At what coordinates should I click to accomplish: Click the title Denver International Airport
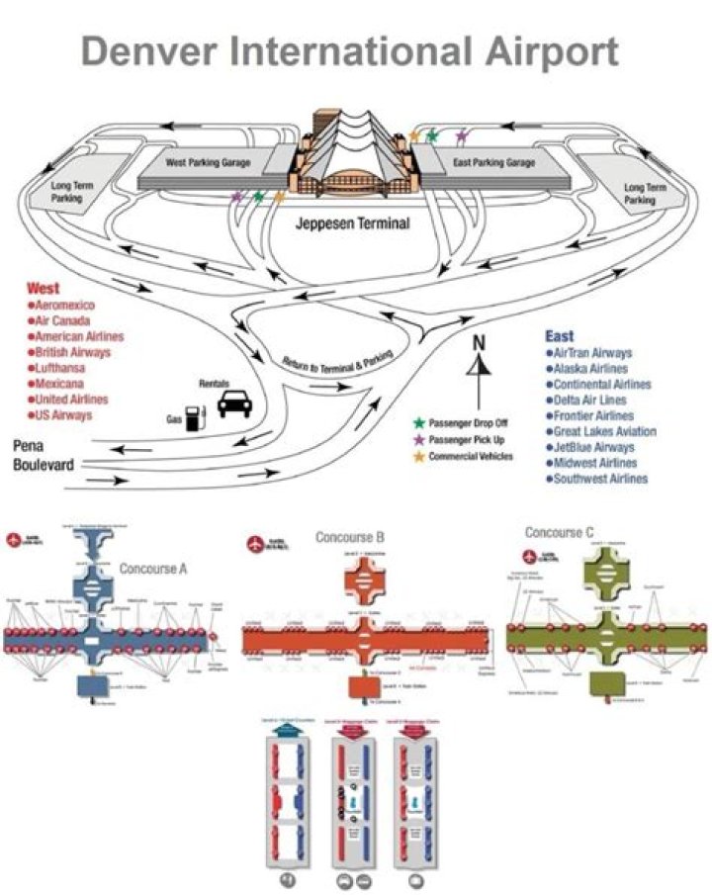pyautogui.click(x=350, y=51)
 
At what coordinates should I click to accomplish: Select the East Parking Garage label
pyautogui.click(x=494, y=162)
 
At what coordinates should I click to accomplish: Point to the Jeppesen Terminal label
pyautogui.click(x=352, y=224)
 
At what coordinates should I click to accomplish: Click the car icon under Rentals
pyautogui.click(x=233, y=403)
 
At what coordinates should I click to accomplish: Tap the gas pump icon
pyautogui.click(x=197, y=416)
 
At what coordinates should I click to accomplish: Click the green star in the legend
pyautogui.click(x=418, y=423)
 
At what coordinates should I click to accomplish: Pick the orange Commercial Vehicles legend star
pyautogui.click(x=418, y=454)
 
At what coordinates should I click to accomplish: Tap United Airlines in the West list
pyautogui.click(x=72, y=399)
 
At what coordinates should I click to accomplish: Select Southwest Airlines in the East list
pyautogui.click(x=600, y=479)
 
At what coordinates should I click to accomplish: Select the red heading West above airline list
pyautogui.click(x=43, y=289)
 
